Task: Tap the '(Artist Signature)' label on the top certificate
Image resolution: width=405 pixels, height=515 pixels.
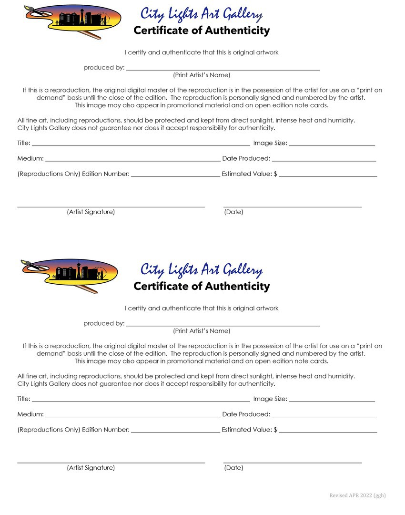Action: click(91, 212)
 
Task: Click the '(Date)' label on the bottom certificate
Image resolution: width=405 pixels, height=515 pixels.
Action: click(233, 468)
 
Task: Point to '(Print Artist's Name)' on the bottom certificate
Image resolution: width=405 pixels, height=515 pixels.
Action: click(202, 331)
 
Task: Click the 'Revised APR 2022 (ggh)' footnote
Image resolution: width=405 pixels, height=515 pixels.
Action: click(357, 495)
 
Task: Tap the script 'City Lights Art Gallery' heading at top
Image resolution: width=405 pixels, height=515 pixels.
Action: click(201, 14)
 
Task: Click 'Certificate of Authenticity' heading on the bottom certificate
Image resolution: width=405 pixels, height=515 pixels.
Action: click(202, 286)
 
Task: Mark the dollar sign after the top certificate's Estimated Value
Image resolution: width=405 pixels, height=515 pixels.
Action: click(275, 174)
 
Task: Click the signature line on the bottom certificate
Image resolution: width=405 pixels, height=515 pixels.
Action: click(111, 462)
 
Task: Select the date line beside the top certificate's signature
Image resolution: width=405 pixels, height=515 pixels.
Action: click(293, 206)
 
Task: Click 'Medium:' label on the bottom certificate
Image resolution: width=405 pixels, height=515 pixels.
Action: click(30, 414)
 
